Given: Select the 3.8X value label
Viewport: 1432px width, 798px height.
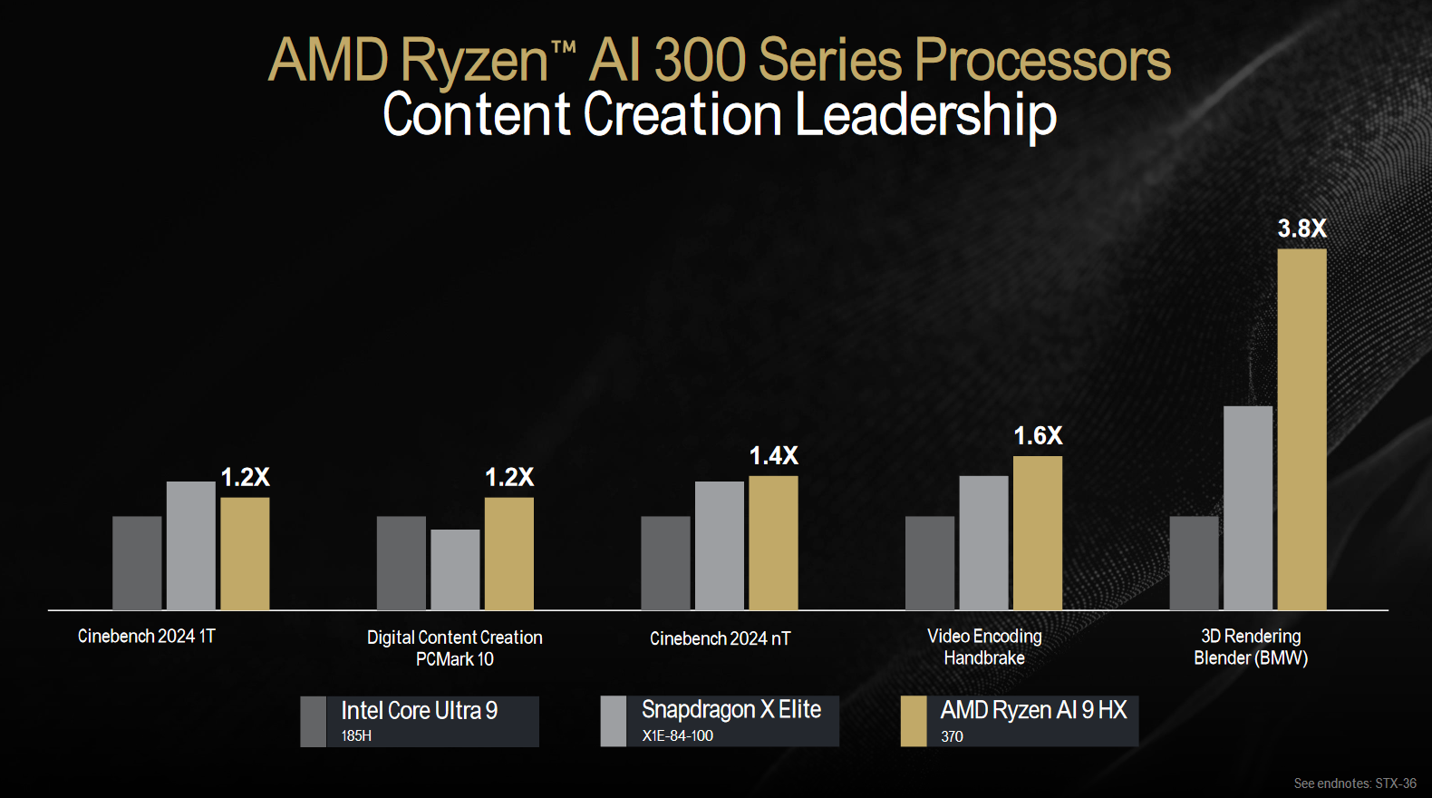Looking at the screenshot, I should coord(1301,229).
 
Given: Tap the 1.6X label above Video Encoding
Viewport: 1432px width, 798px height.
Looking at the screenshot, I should coord(1038,436).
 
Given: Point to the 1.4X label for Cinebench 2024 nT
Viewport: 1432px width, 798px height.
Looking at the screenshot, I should coord(773,456).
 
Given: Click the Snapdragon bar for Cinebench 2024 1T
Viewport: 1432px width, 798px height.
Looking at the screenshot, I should coord(191,545).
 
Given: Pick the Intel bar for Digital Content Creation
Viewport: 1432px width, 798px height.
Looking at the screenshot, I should coord(402,562).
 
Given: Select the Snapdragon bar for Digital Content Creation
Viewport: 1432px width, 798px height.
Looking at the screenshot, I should coord(455,569).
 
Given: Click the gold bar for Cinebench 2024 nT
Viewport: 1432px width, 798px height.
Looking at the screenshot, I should coord(773,542).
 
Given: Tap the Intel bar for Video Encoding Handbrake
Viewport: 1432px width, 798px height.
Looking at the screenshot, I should coord(930,562).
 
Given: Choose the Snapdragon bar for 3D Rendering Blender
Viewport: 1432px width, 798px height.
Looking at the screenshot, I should coord(1248,507).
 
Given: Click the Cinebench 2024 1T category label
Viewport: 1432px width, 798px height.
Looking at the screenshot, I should coord(147,637).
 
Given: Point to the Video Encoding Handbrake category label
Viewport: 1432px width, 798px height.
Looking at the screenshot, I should coord(984,647).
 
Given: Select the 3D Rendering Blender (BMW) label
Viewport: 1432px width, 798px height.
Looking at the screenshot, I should coord(1251,647).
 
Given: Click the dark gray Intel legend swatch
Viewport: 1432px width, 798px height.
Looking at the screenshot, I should coord(313,722).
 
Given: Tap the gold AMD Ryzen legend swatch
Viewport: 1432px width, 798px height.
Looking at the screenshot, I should coord(914,722).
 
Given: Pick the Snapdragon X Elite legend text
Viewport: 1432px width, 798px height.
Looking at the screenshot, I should coord(731,710).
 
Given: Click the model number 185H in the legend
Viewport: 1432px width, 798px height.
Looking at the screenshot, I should coord(356,736).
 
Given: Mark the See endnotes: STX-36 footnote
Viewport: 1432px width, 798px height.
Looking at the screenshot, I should coord(1354,783).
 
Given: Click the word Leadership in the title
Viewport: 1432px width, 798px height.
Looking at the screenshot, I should coord(926,115).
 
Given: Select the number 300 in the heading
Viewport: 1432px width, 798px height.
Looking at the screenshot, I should coord(700,61).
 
